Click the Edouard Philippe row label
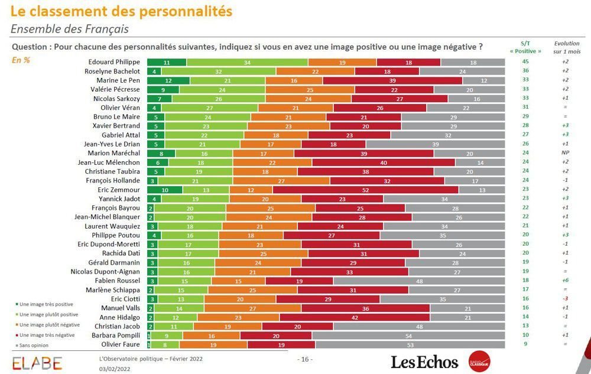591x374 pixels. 113,62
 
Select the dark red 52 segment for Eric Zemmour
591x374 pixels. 365,190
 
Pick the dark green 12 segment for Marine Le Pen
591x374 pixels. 168,80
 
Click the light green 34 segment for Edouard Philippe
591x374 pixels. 247,62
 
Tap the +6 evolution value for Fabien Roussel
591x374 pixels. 565,281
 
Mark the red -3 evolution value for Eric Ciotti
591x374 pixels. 565,299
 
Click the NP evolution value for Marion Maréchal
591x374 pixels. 565,153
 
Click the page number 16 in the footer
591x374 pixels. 304,359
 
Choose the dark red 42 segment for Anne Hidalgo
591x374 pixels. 355,317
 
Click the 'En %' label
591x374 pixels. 21,60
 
